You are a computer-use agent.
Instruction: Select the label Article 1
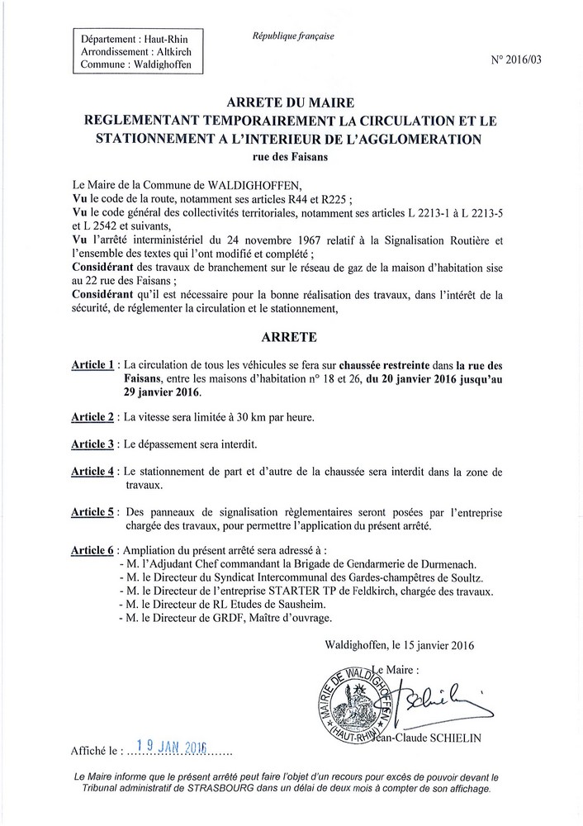coord(91,365)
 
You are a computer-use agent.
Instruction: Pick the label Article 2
coord(91,416)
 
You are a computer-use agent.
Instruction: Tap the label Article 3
coord(91,444)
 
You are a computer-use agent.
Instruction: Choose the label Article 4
coord(91,471)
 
